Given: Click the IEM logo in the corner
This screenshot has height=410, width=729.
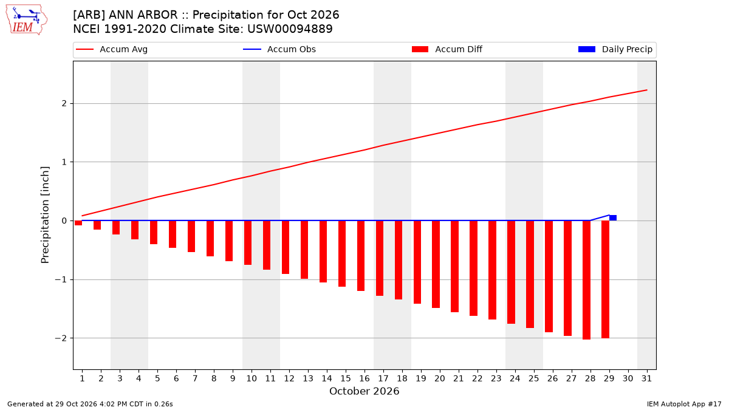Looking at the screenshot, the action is [27, 19].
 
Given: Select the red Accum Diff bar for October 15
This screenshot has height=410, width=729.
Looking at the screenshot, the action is [341, 253].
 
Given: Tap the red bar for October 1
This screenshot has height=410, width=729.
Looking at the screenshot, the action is [78, 223].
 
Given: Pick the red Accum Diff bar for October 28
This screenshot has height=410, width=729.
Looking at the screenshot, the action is [586, 280].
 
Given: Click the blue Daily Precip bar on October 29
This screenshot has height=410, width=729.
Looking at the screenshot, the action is [613, 217].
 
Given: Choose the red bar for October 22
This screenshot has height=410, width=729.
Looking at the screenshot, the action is [473, 268].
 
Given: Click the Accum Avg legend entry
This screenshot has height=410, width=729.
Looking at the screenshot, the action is [112, 49].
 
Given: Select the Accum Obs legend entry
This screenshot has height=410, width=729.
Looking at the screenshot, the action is [279, 49].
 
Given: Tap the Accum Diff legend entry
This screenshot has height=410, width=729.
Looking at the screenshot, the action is [447, 49].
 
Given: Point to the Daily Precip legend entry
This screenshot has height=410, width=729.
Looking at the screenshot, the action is [615, 49].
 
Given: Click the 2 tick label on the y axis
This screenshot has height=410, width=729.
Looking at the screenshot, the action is [64, 103].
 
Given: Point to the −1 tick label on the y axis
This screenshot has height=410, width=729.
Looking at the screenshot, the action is [61, 279].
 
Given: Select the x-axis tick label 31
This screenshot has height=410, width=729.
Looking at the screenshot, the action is [646, 378].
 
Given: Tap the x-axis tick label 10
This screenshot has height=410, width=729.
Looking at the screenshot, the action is [252, 378].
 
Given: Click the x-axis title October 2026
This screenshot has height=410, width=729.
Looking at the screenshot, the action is [364, 391].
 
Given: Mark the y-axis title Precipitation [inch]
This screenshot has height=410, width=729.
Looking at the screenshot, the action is [45, 215].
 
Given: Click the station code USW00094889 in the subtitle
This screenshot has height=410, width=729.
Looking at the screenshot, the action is [290, 29].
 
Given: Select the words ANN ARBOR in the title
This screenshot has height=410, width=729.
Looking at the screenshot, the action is [143, 15].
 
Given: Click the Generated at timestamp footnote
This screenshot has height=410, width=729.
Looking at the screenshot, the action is [90, 404].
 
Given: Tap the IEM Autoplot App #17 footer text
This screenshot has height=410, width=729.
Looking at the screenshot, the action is [684, 404].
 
